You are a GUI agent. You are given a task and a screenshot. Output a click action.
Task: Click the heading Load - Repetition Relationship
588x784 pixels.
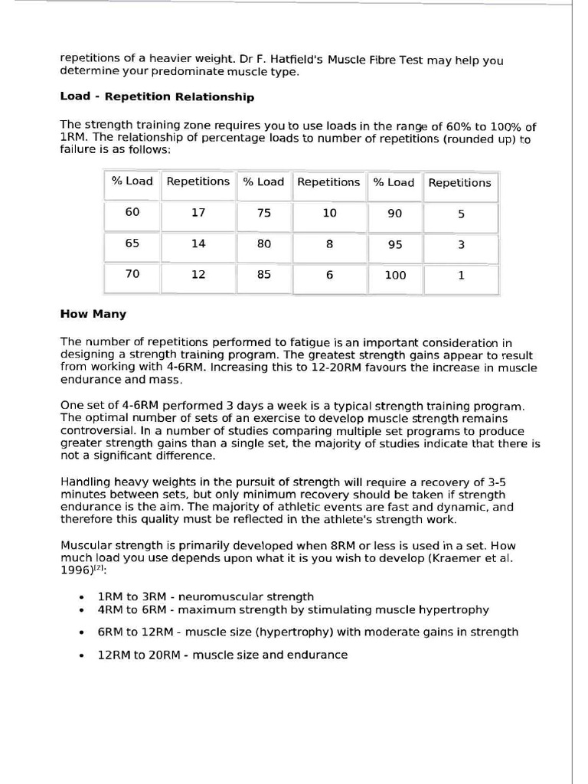click(x=157, y=97)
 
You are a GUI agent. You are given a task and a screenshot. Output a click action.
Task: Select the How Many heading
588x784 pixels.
click(x=93, y=314)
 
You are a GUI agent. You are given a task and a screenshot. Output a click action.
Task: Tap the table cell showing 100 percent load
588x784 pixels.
click(x=395, y=276)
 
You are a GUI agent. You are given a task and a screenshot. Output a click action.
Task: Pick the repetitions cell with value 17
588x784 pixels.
click(x=198, y=213)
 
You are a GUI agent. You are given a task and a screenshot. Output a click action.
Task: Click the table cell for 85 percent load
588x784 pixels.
click(x=264, y=275)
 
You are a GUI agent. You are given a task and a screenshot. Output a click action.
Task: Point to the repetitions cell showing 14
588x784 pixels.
click(x=198, y=243)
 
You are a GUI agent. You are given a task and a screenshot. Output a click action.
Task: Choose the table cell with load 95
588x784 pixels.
click(x=395, y=245)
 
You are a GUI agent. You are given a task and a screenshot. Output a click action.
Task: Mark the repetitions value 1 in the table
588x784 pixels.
click(x=461, y=276)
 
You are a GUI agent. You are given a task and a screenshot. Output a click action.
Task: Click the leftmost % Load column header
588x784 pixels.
click(x=132, y=181)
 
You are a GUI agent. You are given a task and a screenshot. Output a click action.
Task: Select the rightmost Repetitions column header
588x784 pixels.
click(x=459, y=183)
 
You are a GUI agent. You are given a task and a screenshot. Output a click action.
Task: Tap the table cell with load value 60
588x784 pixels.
click(x=132, y=212)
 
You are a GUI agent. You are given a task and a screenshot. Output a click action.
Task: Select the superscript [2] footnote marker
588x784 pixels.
click(x=100, y=569)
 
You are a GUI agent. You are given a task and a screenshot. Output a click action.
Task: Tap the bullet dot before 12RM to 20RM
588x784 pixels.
click(x=82, y=656)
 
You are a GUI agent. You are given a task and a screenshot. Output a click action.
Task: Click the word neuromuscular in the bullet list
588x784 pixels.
click(x=211, y=596)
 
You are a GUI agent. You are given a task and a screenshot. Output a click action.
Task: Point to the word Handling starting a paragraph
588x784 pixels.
click(x=84, y=482)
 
